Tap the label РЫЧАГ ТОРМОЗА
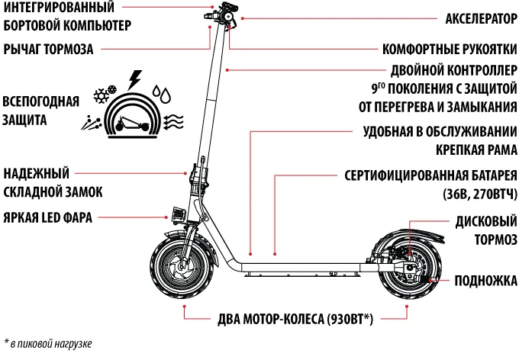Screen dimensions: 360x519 (48, 50)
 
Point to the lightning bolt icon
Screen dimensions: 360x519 (136, 79)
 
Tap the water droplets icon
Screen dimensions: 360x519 (163, 94)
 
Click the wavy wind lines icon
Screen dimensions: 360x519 (175, 121)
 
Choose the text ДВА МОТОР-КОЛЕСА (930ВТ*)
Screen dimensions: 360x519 (295, 319)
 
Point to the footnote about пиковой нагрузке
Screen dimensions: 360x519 (47, 343)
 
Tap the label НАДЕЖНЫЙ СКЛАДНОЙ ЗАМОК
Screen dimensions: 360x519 (53, 182)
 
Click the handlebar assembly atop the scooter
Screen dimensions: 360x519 (222, 15)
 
